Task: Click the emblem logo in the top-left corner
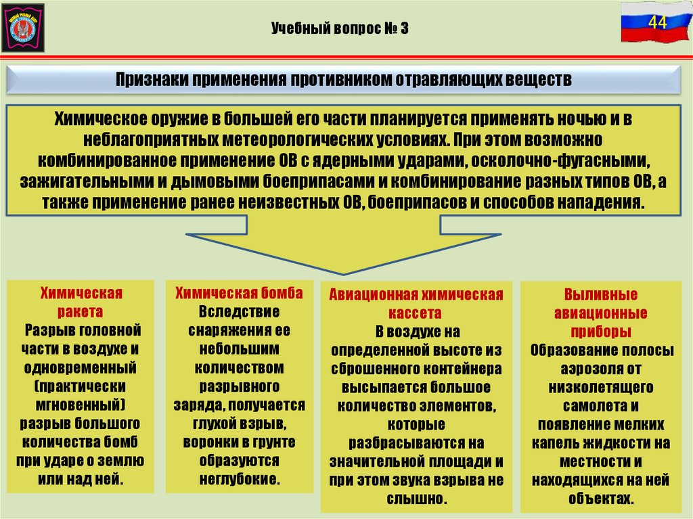click(24, 27)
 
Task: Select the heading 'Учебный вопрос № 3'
click(340, 29)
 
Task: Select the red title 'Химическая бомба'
click(239, 293)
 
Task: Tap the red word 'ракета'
click(81, 312)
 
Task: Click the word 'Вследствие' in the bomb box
click(239, 312)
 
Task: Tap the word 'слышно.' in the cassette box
click(416, 499)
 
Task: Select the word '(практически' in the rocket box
click(81, 386)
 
